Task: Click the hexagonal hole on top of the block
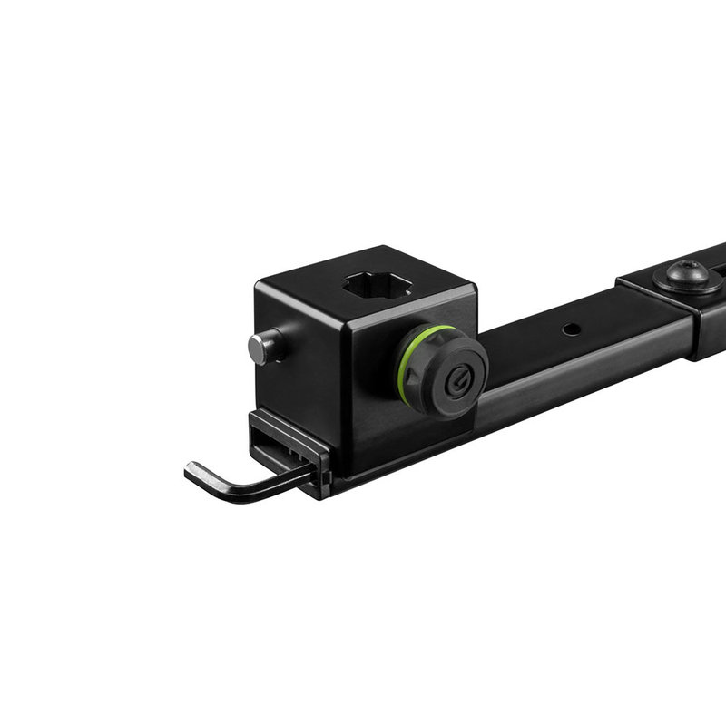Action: (x=378, y=288)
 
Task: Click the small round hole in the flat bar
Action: (x=571, y=329)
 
